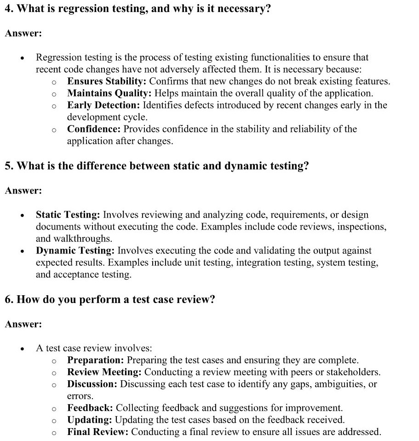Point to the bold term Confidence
point(94,129)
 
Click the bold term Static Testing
point(68,215)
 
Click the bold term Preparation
point(95,360)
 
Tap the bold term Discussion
point(92,384)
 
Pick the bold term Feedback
point(90,408)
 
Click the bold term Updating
point(90,420)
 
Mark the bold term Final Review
point(98,432)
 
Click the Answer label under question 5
point(23,190)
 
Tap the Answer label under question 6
point(23,324)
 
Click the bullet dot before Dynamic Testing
point(22,252)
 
